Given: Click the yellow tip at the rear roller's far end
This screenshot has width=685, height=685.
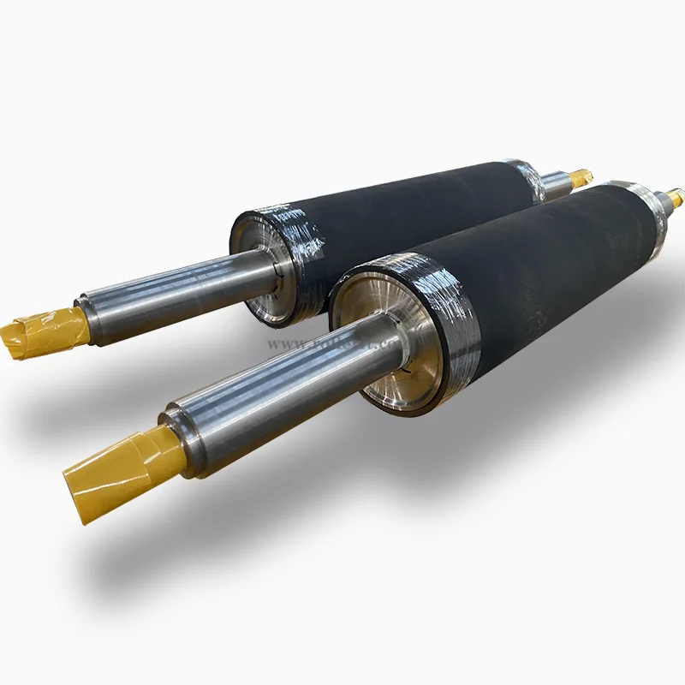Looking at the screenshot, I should pyautogui.click(x=581, y=177).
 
